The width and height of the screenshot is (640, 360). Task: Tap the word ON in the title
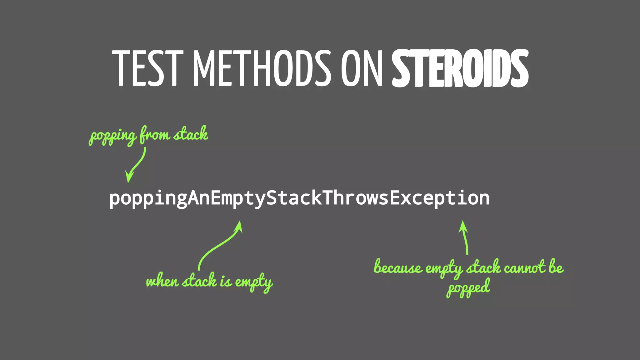362,68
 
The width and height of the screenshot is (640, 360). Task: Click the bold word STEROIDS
460,68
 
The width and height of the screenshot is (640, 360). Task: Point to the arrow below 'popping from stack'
136,166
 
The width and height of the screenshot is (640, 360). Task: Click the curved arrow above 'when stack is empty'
219,245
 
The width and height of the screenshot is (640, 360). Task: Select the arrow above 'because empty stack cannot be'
465,237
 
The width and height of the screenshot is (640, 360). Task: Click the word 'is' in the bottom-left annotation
226,281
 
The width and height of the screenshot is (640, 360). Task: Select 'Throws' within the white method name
356,198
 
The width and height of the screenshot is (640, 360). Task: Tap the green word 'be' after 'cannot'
556,267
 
